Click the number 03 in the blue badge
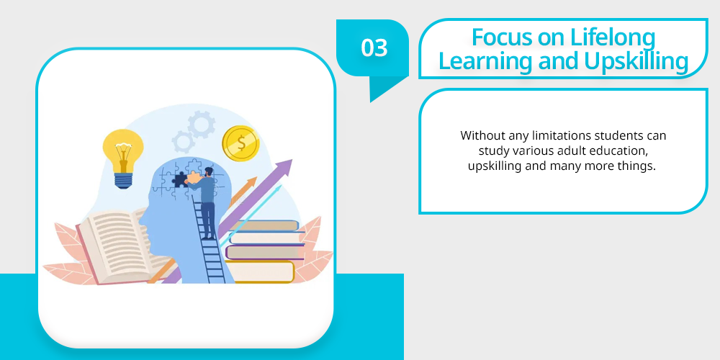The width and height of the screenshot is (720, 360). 374,48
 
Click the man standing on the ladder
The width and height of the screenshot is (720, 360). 205,203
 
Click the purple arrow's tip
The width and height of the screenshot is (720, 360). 292,160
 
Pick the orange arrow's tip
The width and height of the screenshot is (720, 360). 257,178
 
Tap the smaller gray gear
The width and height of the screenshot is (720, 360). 184,141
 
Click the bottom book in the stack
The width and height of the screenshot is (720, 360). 260,272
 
